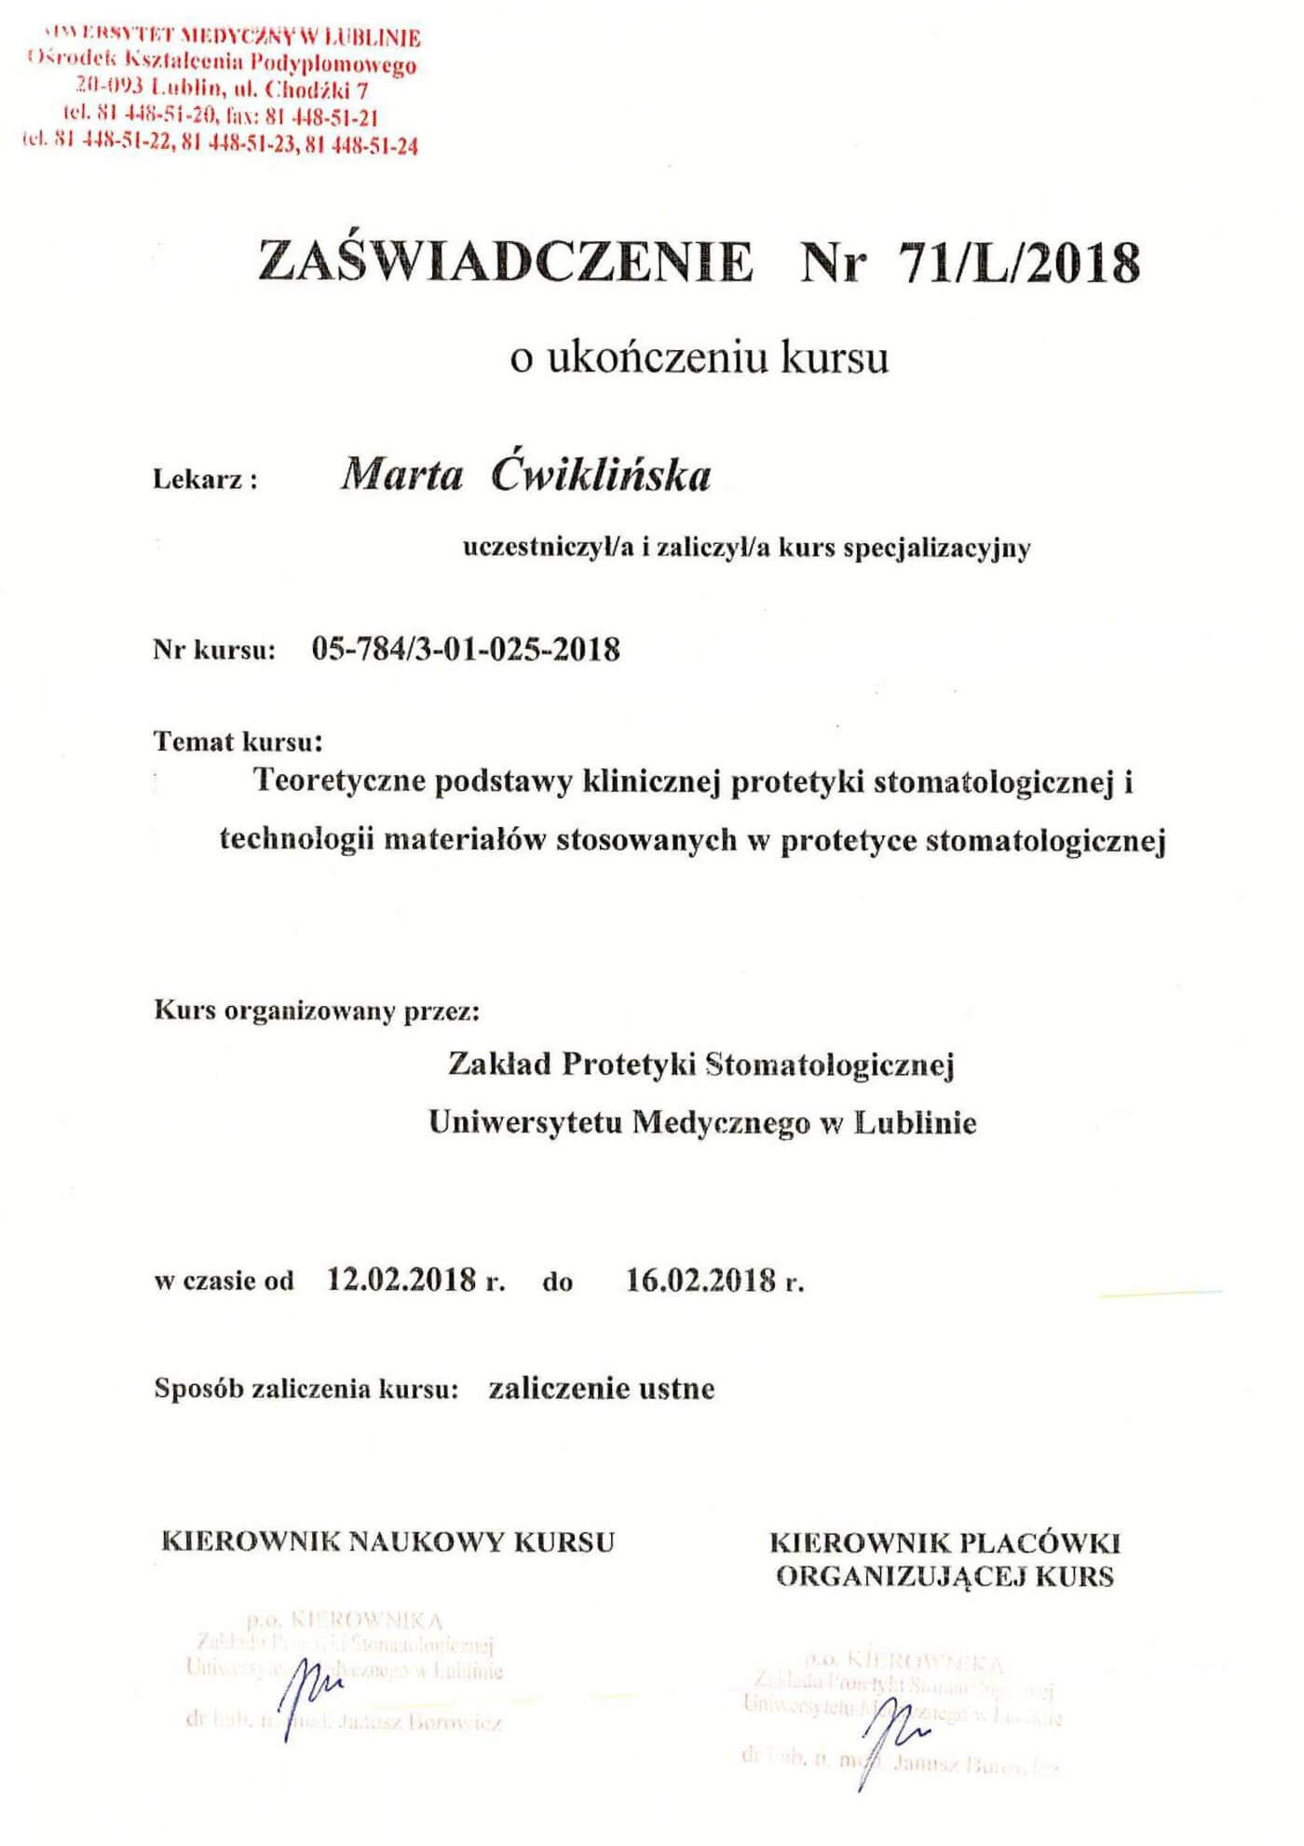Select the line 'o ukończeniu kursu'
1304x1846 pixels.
(699, 359)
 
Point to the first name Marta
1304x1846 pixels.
(401, 476)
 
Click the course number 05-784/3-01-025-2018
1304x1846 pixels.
(466, 648)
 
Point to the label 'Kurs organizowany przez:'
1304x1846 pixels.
(317, 1011)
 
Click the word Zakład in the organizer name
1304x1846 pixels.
(499, 1064)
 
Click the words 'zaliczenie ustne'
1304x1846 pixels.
(602, 1389)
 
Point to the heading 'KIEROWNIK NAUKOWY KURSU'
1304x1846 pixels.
(388, 1541)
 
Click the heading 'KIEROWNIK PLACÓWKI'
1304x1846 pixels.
(944, 1543)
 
